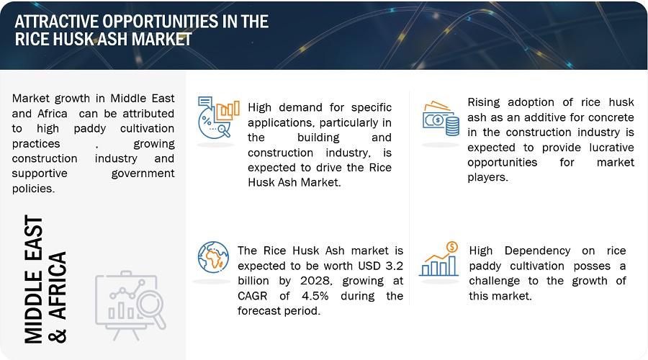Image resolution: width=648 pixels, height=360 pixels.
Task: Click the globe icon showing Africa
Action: tap(213, 257)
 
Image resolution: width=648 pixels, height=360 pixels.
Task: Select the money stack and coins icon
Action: tap(441, 119)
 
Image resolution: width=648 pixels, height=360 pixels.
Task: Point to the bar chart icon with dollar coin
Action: tap(439, 259)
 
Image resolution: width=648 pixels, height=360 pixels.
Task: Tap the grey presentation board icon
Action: tap(130, 305)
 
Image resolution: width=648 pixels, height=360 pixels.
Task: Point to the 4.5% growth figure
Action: tap(315, 296)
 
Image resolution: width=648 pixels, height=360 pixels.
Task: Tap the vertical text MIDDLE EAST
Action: tap(34, 279)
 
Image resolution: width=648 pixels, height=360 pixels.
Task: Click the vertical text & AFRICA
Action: tap(58, 297)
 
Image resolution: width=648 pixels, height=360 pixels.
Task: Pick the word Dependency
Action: tap(537, 251)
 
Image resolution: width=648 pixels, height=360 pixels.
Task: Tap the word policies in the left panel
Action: tap(33, 189)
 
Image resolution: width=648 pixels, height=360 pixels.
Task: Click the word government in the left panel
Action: tap(143, 174)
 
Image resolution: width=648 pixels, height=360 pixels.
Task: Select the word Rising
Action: tap(484, 102)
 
